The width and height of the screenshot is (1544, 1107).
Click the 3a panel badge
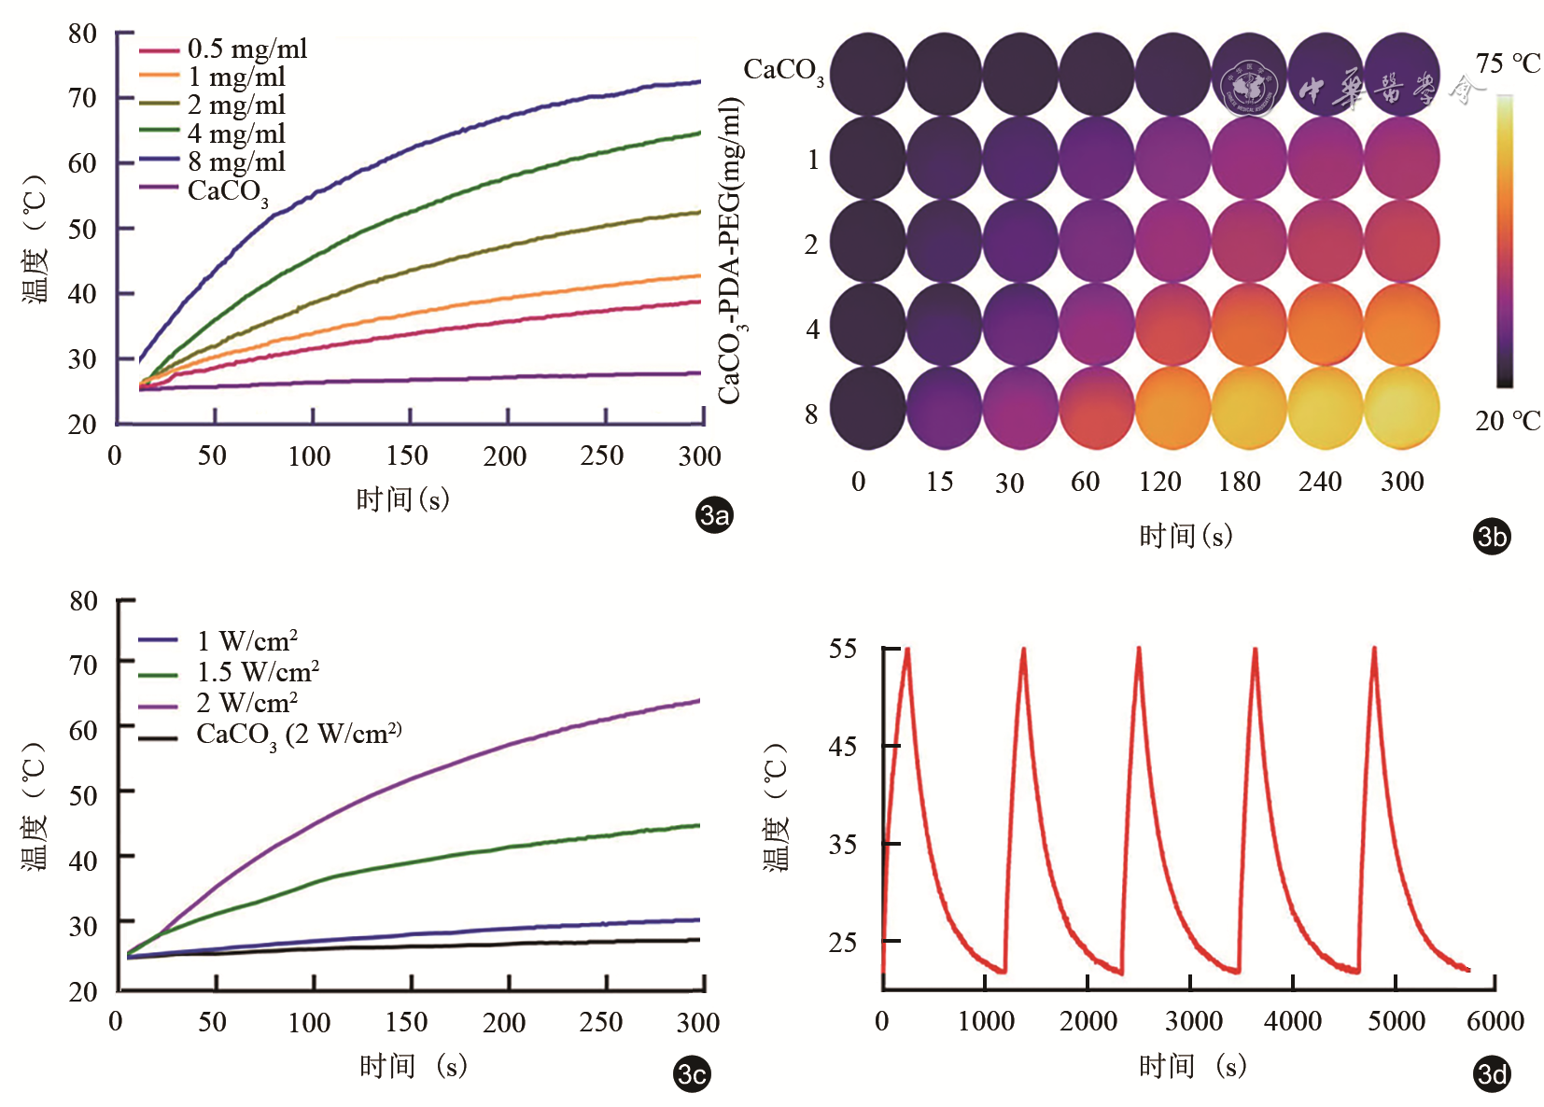[x=715, y=515]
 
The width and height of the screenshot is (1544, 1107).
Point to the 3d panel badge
[x=1492, y=1074]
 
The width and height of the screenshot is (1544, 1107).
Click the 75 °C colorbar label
[x=1508, y=63]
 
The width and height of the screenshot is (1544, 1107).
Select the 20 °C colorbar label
[x=1507, y=421]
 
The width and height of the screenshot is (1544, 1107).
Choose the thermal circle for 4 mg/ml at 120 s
[x=1173, y=325]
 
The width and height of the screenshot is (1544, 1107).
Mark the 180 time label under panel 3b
[x=1240, y=482]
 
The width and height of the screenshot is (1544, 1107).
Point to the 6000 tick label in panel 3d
[x=1495, y=1021]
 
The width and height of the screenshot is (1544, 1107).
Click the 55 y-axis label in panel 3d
[x=843, y=649]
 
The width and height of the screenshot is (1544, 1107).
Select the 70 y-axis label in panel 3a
[x=83, y=98]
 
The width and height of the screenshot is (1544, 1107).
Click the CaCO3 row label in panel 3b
[x=783, y=70]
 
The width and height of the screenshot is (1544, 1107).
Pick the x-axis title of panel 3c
[x=413, y=1066]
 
